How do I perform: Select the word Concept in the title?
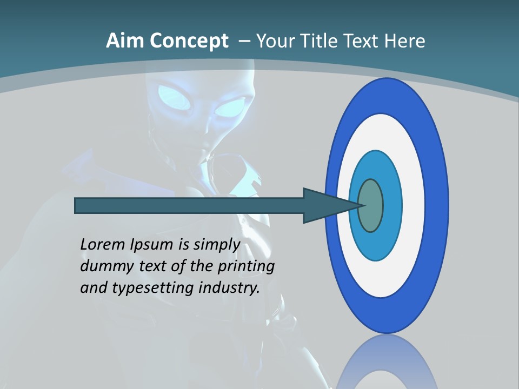[189, 41]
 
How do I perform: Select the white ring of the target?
[411, 205]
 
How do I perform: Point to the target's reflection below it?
[387, 365]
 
